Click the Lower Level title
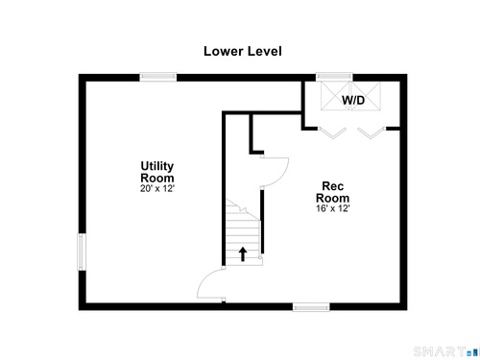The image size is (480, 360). [x=243, y=52]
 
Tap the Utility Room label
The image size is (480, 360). [x=157, y=172]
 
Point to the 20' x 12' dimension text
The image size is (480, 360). [x=157, y=189]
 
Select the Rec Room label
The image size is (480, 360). [x=332, y=192]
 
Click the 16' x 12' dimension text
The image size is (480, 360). [x=333, y=208]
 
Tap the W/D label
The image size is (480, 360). [x=353, y=101]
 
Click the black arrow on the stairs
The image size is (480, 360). [x=243, y=253]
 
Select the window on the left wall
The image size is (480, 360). [x=82, y=252]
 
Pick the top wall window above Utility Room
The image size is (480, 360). [x=158, y=77]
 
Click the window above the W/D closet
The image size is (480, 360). [x=334, y=77]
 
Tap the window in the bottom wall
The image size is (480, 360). [x=311, y=307]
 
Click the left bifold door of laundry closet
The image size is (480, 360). [x=332, y=132]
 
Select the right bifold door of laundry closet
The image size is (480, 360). [x=372, y=132]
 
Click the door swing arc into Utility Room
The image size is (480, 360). [x=203, y=281]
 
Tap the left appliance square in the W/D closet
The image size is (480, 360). [x=336, y=96]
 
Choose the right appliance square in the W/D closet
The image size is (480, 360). [x=366, y=96]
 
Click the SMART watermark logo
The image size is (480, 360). [x=446, y=351]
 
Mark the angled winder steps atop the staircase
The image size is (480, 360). [x=242, y=209]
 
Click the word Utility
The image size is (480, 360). [x=157, y=166]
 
